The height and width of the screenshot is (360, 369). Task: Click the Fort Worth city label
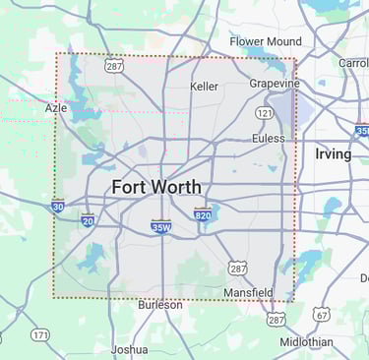point(155,187)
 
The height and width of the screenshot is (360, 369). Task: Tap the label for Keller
point(204,87)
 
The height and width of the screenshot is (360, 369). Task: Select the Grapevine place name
point(274,84)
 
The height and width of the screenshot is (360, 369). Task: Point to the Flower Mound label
point(266,41)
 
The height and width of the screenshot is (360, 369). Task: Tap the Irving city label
point(333,154)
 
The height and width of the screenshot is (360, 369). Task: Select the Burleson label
point(159,305)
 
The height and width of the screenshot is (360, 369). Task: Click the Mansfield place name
point(248,293)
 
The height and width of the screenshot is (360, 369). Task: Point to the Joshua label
point(129,349)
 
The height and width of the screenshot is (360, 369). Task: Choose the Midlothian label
point(305,341)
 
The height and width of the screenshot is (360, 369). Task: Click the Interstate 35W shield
point(161,226)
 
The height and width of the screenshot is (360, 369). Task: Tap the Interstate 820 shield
point(203,213)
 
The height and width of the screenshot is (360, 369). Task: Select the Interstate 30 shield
point(58,207)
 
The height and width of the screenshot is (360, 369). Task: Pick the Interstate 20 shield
point(88,221)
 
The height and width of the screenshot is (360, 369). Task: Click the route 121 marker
point(264,114)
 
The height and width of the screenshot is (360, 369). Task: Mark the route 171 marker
point(39,335)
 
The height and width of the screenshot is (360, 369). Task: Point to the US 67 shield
point(324,315)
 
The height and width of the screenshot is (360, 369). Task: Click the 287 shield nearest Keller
point(114,66)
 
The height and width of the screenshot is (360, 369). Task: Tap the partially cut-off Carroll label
point(353,63)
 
